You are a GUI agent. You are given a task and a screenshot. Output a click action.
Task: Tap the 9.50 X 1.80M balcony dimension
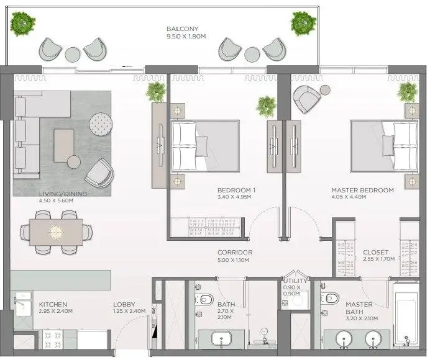186,37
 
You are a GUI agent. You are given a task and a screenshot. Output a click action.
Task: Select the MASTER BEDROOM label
362,190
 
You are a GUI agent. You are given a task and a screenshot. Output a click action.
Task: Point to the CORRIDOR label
235,253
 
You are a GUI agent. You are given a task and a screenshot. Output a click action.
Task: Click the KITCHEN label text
53,304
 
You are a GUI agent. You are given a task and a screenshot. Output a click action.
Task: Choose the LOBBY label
124,304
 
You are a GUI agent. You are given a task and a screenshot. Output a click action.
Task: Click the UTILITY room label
295,281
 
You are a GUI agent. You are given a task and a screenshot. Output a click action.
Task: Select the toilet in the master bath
329,298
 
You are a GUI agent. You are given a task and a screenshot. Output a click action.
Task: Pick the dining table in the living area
56,232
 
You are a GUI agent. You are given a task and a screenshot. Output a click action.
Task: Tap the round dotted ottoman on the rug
101,124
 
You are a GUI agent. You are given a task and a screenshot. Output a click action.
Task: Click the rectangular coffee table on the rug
64,145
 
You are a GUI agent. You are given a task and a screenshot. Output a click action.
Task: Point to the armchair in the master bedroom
306,98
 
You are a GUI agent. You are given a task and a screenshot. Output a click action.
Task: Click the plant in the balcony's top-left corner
23,24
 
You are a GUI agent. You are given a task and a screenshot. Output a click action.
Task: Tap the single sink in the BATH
222,340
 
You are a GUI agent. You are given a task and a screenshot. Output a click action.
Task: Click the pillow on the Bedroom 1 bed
201,146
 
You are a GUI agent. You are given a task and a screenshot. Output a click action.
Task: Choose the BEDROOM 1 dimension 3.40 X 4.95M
234,197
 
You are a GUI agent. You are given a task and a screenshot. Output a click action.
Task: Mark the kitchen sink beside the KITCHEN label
23,304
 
